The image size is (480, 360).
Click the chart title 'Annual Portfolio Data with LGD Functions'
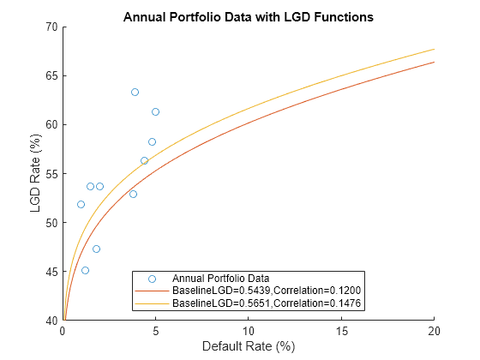click(249, 16)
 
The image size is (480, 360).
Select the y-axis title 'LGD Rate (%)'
click(37, 173)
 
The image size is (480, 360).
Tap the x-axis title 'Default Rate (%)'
click(249, 347)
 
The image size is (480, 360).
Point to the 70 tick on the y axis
click(51, 27)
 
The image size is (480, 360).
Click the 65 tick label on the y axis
click(51, 75)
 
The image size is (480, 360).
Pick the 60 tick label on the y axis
click(51, 124)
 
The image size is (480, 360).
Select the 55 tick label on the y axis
click(51, 173)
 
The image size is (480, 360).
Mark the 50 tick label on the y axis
click(51, 223)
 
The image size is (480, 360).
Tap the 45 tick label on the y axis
click(51, 272)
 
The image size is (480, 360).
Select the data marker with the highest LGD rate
click(135, 92)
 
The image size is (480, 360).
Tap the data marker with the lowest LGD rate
click(85, 270)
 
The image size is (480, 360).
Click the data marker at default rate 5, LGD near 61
click(155, 111)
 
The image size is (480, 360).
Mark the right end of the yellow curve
click(435, 49)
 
